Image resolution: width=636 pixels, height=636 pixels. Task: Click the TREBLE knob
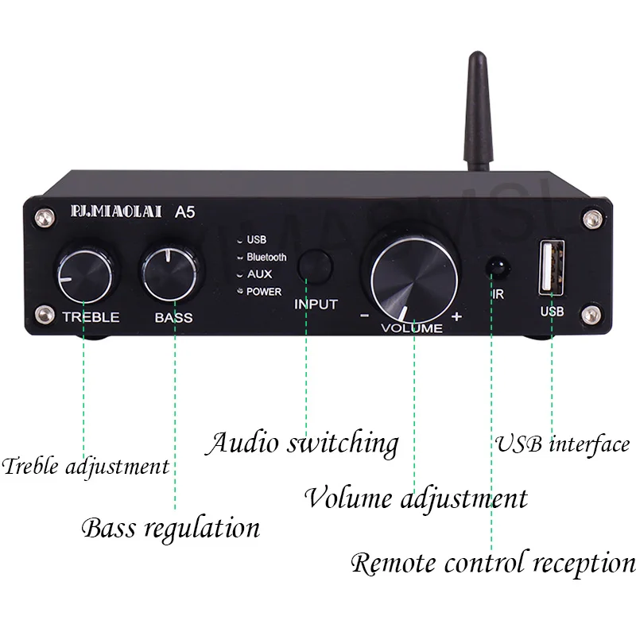click(90, 273)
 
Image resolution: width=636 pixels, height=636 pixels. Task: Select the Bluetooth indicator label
click(266, 258)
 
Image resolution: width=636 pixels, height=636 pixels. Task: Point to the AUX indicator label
click(259, 274)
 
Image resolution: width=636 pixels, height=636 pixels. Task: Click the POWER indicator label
click(264, 292)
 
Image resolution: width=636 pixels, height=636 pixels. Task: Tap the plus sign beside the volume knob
click(456, 316)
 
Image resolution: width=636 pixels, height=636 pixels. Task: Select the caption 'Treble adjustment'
click(86, 466)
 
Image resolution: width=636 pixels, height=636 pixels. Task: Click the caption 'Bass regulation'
click(171, 527)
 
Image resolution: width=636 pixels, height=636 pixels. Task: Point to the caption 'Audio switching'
click(302, 444)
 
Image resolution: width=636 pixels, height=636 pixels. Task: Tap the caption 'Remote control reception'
click(493, 564)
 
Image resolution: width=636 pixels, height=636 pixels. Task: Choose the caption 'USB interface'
click(563, 444)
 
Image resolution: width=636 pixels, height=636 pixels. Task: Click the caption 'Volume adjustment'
click(416, 499)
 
